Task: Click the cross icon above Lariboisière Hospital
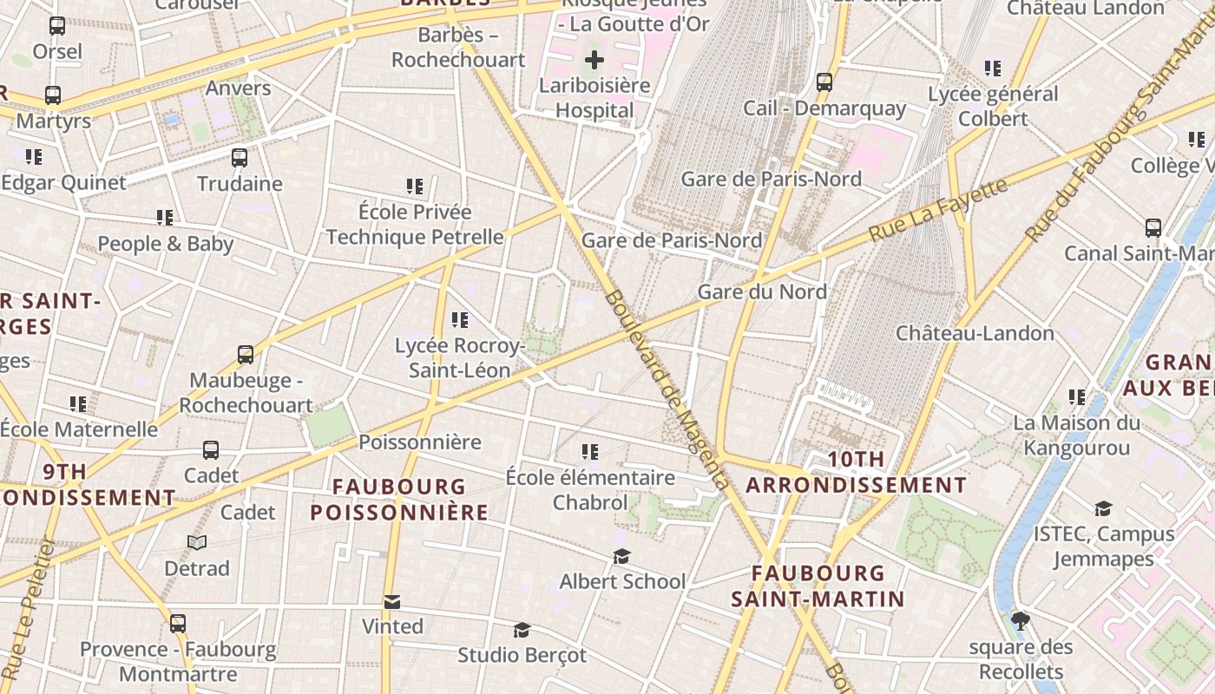click(594, 60)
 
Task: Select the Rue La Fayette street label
click(939, 210)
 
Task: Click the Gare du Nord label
click(762, 291)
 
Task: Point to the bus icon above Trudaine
click(240, 158)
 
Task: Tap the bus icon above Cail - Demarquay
click(824, 82)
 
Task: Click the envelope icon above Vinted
click(392, 601)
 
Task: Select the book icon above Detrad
click(198, 543)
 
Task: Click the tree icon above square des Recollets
click(1021, 621)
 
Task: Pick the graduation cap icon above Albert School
click(622, 556)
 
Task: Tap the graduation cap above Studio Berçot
click(522, 630)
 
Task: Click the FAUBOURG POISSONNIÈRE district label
click(399, 500)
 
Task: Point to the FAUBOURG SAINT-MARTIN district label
click(818, 586)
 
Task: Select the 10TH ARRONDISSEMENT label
click(856, 472)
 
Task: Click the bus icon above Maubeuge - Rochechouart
click(246, 355)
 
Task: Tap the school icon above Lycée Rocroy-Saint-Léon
click(460, 320)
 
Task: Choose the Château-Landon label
click(975, 333)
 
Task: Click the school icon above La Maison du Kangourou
click(1077, 397)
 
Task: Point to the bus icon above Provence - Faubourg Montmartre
click(178, 624)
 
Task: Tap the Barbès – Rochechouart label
click(458, 48)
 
